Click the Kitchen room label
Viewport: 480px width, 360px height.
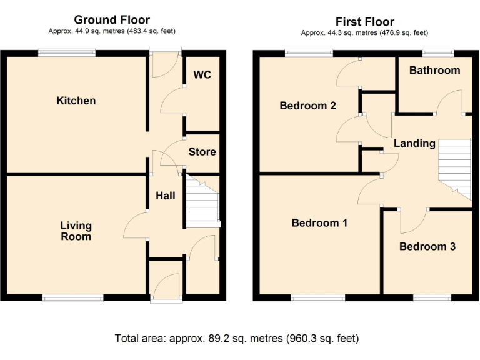76,101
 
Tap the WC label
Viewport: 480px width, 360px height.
202,75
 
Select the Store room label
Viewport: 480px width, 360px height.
202,152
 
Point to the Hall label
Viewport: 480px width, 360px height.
166,196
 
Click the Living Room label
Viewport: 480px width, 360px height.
76,231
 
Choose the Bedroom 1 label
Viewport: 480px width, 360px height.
320,222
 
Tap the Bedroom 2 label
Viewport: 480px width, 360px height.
308,106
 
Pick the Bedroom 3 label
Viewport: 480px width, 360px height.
427,246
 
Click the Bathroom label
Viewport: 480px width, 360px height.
434,70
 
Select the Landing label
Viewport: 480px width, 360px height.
414,143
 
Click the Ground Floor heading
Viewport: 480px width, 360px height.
112,21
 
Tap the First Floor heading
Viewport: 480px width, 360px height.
365,22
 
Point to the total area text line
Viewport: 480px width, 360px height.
237,339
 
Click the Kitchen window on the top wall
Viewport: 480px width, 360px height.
67,53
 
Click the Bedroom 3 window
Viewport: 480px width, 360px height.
431,297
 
